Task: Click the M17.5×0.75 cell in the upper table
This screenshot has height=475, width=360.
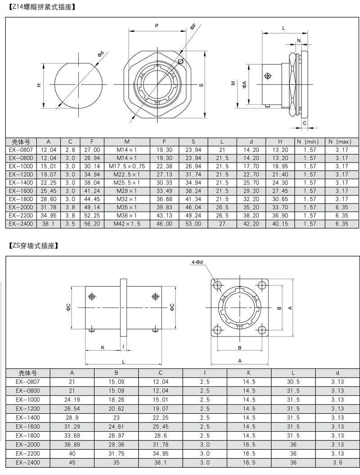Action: point(127,166)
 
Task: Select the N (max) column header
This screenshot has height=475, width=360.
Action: point(339,141)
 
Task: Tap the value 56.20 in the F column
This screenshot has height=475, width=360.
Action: point(92,224)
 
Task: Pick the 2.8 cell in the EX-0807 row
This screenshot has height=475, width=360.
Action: point(70,149)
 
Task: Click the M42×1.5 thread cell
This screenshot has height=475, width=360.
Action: point(127,224)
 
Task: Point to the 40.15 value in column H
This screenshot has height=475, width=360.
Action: point(280,224)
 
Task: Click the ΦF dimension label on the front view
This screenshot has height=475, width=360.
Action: point(193,27)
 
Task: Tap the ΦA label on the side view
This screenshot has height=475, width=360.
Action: point(244,85)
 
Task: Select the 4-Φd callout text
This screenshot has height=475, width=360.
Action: point(197,262)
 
